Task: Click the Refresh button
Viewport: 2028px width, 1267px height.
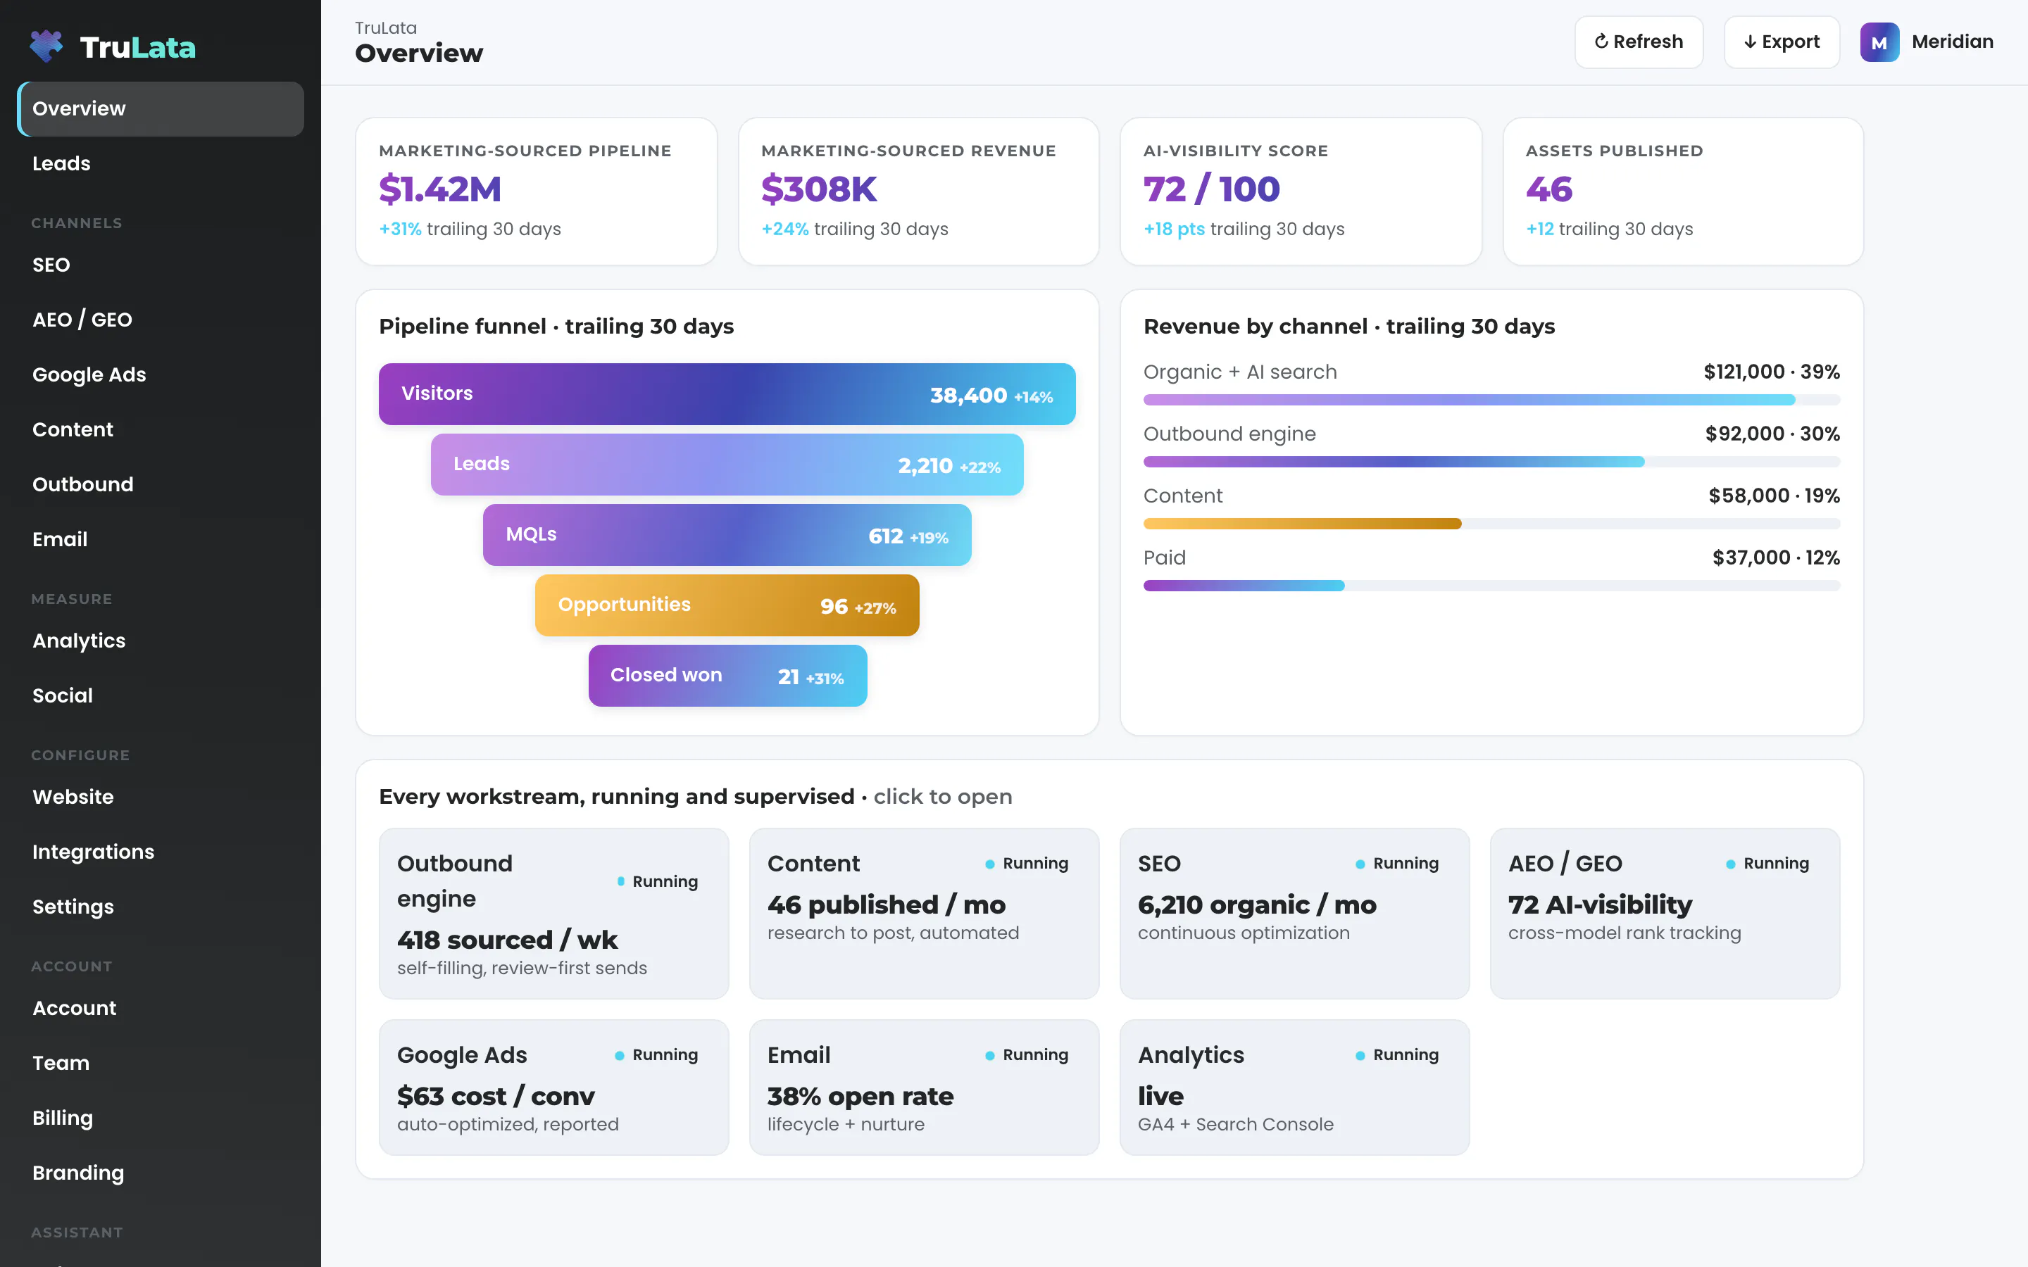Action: pos(1639,42)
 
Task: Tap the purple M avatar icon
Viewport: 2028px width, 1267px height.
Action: pos(1879,42)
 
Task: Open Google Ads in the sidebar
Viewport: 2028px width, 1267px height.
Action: pos(89,374)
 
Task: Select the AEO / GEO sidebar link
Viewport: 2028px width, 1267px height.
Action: pos(82,320)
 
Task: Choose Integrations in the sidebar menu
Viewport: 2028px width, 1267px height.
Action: pos(93,852)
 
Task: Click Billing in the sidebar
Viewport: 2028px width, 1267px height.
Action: pos(62,1118)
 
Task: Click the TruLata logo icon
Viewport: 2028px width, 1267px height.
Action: pos(46,46)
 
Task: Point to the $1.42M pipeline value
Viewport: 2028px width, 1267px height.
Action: pos(440,189)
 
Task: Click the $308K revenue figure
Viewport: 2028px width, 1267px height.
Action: pos(819,189)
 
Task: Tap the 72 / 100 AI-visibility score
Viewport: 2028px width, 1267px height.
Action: pos(1212,189)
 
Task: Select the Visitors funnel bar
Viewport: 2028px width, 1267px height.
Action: pos(727,394)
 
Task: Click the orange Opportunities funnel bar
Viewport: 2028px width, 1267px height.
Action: pos(727,605)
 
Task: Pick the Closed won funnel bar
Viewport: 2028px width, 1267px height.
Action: pos(727,676)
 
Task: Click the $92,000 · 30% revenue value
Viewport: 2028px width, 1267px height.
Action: pos(1772,434)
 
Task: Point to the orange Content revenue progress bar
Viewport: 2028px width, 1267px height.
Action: pos(1302,524)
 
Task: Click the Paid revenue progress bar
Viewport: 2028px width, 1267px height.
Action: pos(1244,586)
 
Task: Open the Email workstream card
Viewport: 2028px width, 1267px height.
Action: pos(923,1087)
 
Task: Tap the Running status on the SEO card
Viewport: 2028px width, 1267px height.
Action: pos(1397,863)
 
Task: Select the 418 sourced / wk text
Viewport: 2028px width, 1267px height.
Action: pos(507,940)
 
